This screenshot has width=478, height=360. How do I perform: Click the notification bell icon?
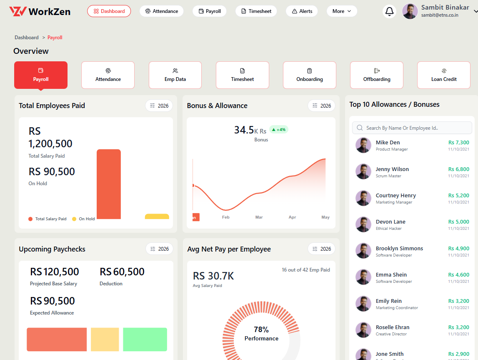[x=389, y=11]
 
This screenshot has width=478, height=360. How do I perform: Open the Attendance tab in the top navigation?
[x=162, y=11]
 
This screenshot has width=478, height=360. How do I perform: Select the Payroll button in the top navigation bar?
[x=209, y=11]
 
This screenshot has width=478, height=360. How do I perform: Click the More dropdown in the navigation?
[x=342, y=11]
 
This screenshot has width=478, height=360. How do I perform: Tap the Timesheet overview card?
[x=242, y=75]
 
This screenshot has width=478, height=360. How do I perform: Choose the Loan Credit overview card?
[x=443, y=75]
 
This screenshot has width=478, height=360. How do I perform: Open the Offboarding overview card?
[x=376, y=75]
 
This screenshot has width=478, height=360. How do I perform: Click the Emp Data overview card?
[x=175, y=75]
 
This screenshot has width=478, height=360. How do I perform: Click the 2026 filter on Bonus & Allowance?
[x=321, y=106]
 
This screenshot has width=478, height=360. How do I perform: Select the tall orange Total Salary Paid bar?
[x=109, y=184]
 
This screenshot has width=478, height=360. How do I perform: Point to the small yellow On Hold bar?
[x=157, y=217]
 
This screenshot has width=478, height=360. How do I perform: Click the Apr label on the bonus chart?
[x=292, y=217]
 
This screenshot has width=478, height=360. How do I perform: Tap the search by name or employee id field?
[x=412, y=128]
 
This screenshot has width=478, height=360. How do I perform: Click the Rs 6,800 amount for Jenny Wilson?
[x=458, y=169]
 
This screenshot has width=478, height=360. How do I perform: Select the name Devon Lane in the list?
[x=390, y=222]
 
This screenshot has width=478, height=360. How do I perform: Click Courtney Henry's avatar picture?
[x=363, y=198]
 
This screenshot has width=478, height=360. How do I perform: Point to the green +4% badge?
[x=278, y=129]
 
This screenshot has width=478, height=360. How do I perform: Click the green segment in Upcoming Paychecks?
[x=145, y=339]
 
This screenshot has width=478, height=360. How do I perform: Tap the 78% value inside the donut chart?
[x=261, y=330]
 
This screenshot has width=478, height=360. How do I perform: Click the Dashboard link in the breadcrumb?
[x=27, y=38]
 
